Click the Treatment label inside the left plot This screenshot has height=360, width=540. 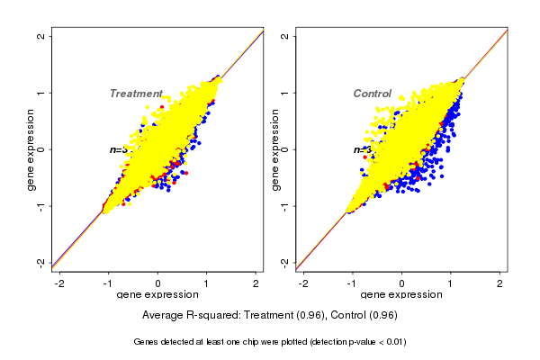tap(136, 94)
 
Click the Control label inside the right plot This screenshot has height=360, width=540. tap(372, 94)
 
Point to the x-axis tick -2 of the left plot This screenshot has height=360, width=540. tap(59, 283)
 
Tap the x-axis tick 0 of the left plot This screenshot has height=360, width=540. tap(157, 283)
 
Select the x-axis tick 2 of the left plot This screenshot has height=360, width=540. tap(256, 283)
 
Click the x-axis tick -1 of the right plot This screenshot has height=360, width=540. tap(353, 283)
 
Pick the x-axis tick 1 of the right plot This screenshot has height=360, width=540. tap(451, 283)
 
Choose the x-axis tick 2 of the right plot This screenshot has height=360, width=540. tap(500, 283)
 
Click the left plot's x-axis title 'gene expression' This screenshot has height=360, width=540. tap(157, 295)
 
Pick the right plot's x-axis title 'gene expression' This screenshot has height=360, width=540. tap(401, 295)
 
